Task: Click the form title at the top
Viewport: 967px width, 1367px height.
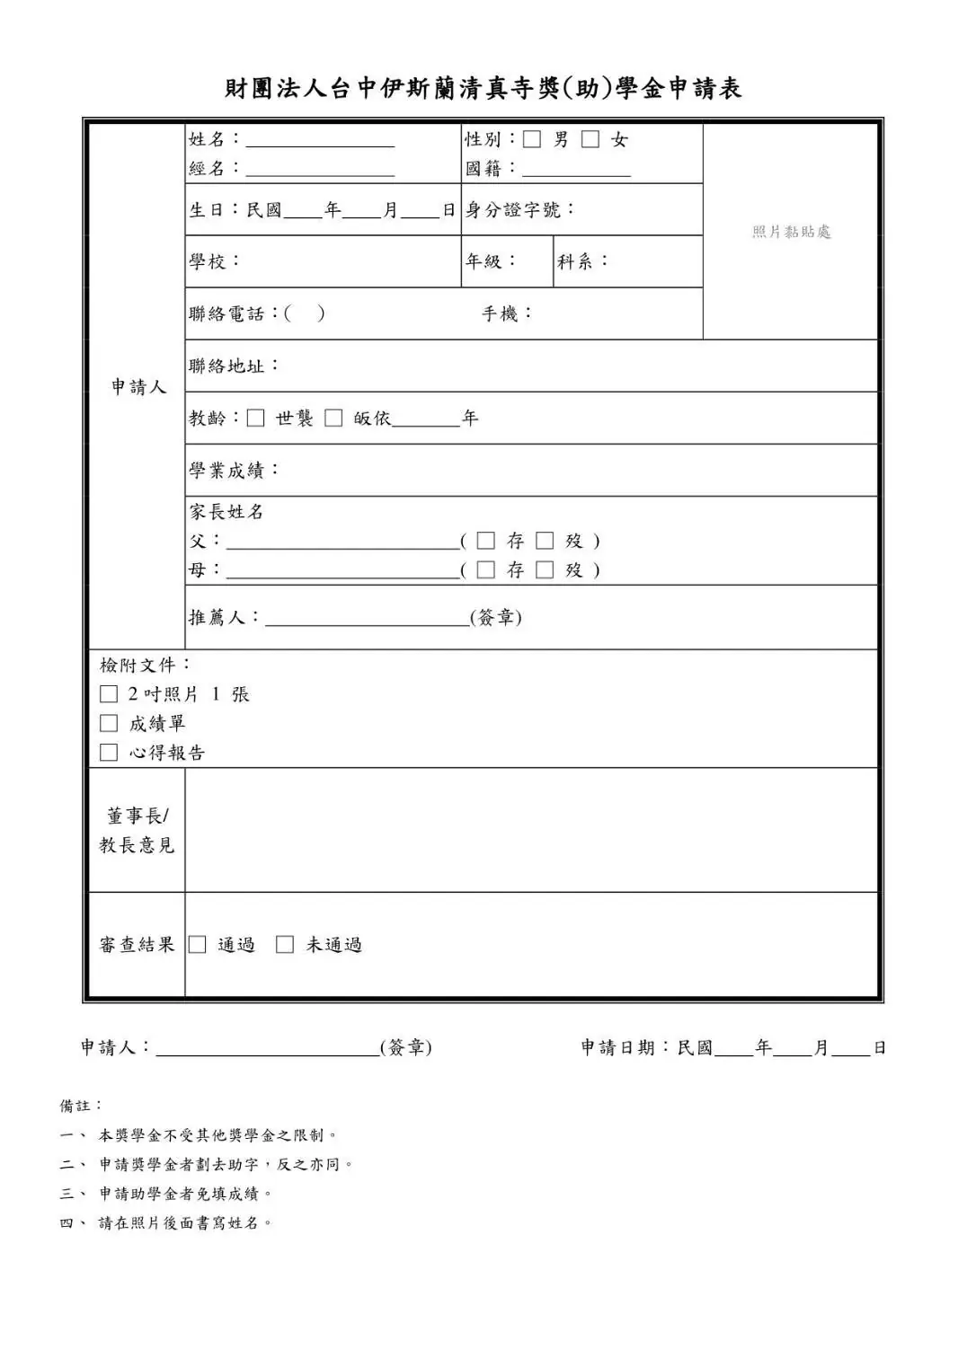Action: coord(483,88)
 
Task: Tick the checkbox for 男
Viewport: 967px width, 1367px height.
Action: coord(532,139)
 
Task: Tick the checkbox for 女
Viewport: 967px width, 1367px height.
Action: coord(590,139)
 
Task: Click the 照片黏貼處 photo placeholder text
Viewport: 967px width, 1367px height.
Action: coord(791,232)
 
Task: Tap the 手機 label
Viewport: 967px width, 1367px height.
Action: coord(507,313)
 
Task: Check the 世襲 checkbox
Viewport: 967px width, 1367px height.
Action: coord(256,418)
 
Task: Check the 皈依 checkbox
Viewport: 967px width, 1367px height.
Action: coord(333,418)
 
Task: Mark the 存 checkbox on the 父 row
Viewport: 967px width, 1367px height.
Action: coord(485,541)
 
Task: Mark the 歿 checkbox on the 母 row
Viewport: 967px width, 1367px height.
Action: coord(545,569)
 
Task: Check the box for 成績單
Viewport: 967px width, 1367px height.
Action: coord(109,723)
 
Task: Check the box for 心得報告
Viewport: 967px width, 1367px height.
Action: coord(109,753)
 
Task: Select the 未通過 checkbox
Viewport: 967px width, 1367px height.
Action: coord(285,944)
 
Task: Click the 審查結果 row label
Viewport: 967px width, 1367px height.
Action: coord(137,944)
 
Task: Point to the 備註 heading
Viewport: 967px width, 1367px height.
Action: coord(81,1106)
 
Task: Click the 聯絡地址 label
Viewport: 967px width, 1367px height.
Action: coord(234,366)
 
